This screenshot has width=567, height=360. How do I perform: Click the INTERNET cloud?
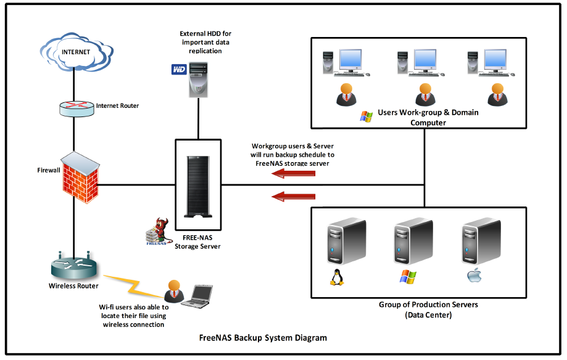74,52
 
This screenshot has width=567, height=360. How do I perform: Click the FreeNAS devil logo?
157,233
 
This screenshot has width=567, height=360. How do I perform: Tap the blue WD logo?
179,70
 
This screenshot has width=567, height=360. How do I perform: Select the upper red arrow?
294,174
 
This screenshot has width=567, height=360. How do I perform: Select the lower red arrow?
294,197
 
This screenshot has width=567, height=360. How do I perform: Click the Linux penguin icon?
336,278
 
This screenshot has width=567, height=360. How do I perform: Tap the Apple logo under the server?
473,276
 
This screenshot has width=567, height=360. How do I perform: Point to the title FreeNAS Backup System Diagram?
263,338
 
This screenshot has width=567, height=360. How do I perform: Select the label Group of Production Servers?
428,305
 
